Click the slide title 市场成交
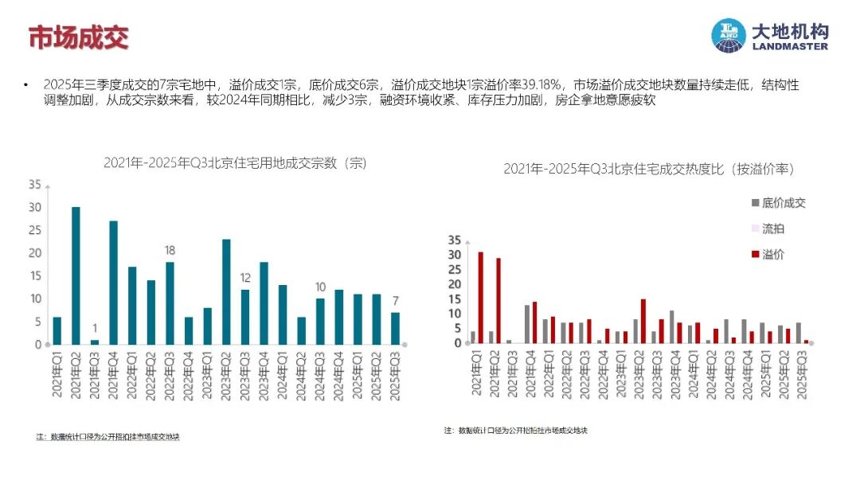78,37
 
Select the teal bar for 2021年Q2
76,275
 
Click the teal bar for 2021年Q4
113,283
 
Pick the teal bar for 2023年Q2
226,291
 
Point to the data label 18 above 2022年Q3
170,251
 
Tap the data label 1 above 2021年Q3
94,328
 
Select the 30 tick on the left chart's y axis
34,207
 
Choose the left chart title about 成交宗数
234,162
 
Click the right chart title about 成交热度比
648,169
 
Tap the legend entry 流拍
772,228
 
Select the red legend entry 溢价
772,254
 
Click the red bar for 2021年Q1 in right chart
480,298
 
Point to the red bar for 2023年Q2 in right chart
643,322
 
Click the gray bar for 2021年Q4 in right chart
526,324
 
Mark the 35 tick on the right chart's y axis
455,240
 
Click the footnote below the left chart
108,436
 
